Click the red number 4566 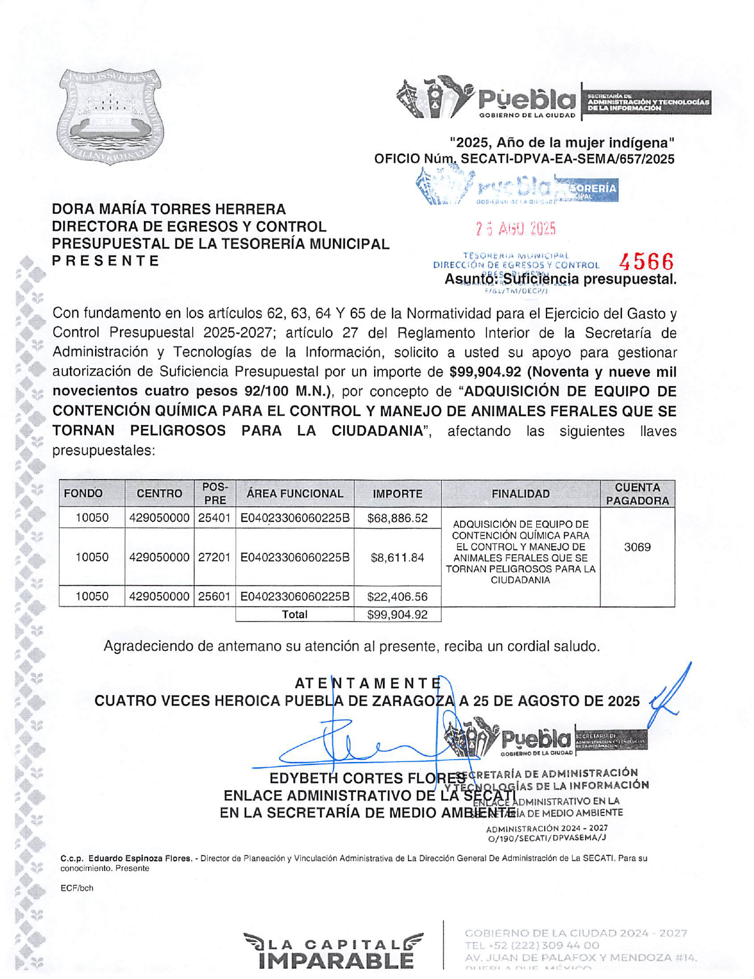click(x=646, y=262)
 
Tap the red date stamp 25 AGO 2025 click(x=515, y=228)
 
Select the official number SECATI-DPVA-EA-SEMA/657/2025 click(x=567, y=159)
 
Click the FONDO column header click(x=83, y=493)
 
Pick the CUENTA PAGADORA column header click(x=637, y=493)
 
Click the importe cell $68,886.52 click(x=397, y=518)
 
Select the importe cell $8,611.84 click(x=397, y=558)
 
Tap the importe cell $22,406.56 click(x=397, y=596)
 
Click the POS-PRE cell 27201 click(x=214, y=558)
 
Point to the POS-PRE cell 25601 click(x=214, y=596)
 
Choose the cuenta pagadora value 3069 click(x=637, y=547)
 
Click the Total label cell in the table click(x=294, y=615)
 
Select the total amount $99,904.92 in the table click(x=397, y=615)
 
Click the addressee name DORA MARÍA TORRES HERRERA click(x=169, y=209)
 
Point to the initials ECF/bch click(x=77, y=888)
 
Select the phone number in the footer click(x=532, y=945)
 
